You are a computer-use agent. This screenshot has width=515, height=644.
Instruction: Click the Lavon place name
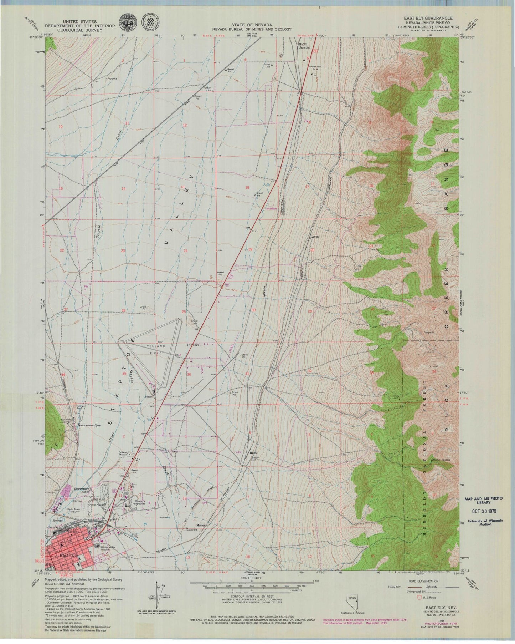tap(314, 236)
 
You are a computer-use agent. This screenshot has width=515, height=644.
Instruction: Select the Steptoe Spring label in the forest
tap(441, 460)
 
